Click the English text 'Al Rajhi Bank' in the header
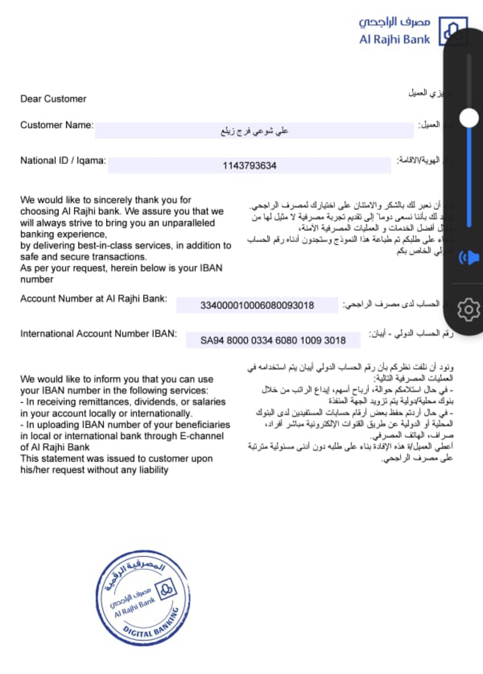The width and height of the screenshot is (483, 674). point(394,39)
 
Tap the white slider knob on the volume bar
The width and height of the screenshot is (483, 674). point(469,118)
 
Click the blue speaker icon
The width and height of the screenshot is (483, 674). point(469,258)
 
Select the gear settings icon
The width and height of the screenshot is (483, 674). point(468,310)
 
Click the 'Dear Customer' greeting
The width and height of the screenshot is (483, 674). point(53,99)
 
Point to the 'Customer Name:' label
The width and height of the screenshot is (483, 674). point(57,125)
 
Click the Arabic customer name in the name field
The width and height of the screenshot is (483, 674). point(254,131)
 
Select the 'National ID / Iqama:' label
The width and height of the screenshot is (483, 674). point(63,161)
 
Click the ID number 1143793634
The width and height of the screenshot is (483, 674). point(250,166)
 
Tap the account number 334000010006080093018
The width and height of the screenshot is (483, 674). point(257,305)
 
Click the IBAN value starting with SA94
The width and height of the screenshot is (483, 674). point(273,341)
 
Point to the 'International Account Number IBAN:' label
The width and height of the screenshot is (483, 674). point(98,334)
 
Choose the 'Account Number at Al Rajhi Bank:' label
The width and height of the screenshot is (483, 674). point(93,299)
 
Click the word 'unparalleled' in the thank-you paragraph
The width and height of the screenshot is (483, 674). point(188,223)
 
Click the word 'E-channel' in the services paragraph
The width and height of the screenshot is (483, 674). point(202,436)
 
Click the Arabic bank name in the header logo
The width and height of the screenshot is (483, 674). point(394,21)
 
